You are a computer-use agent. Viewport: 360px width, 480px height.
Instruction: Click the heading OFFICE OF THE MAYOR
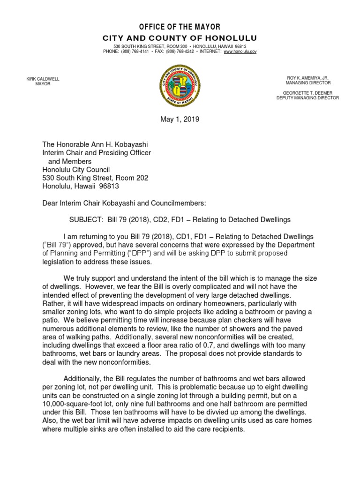[180, 27]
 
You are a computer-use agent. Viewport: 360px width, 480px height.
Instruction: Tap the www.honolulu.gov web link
[240, 51]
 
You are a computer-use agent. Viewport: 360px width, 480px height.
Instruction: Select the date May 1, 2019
[180, 120]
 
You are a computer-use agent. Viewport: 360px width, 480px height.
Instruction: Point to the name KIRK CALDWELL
[43, 79]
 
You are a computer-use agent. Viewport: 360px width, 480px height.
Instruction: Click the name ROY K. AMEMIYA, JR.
[308, 77]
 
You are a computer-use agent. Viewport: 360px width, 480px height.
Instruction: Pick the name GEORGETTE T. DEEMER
[307, 92]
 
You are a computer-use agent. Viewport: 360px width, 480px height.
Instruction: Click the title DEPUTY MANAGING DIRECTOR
[307, 98]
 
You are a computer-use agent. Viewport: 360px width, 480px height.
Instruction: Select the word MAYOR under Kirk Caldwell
[43, 84]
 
